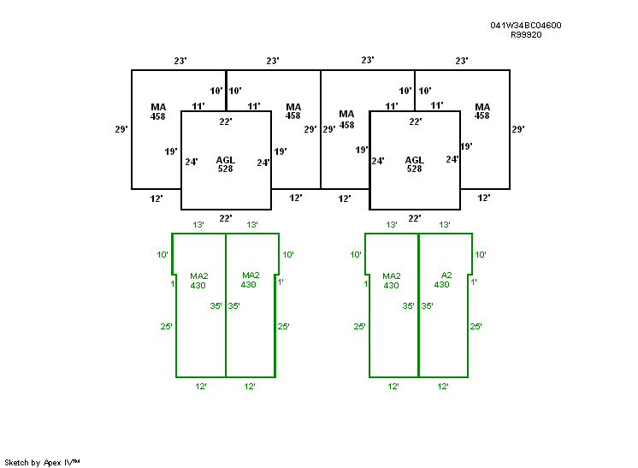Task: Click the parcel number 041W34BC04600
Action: click(x=526, y=26)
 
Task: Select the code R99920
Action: click(x=526, y=35)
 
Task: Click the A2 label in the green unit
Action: click(x=446, y=275)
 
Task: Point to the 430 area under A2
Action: click(x=441, y=285)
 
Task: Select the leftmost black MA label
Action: click(x=158, y=107)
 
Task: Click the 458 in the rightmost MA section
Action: click(x=482, y=116)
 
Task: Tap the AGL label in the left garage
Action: click(x=226, y=160)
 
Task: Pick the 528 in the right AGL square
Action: click(x=414, y=169)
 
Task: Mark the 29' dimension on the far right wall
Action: click(x=517, y=129)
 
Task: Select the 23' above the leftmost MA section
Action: click(x=180, y=61)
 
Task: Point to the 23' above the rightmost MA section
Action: click(x=462, y=61)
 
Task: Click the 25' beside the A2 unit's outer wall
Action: click(x=476, y=326)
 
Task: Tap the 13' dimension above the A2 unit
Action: click(x=445, y=224)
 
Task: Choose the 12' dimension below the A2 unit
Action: click(x=443, y=387)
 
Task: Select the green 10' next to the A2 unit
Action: click(x=480, y=255)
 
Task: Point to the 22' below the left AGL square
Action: click(x=226, y=218)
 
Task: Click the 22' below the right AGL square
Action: click(x=415, y=218)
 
